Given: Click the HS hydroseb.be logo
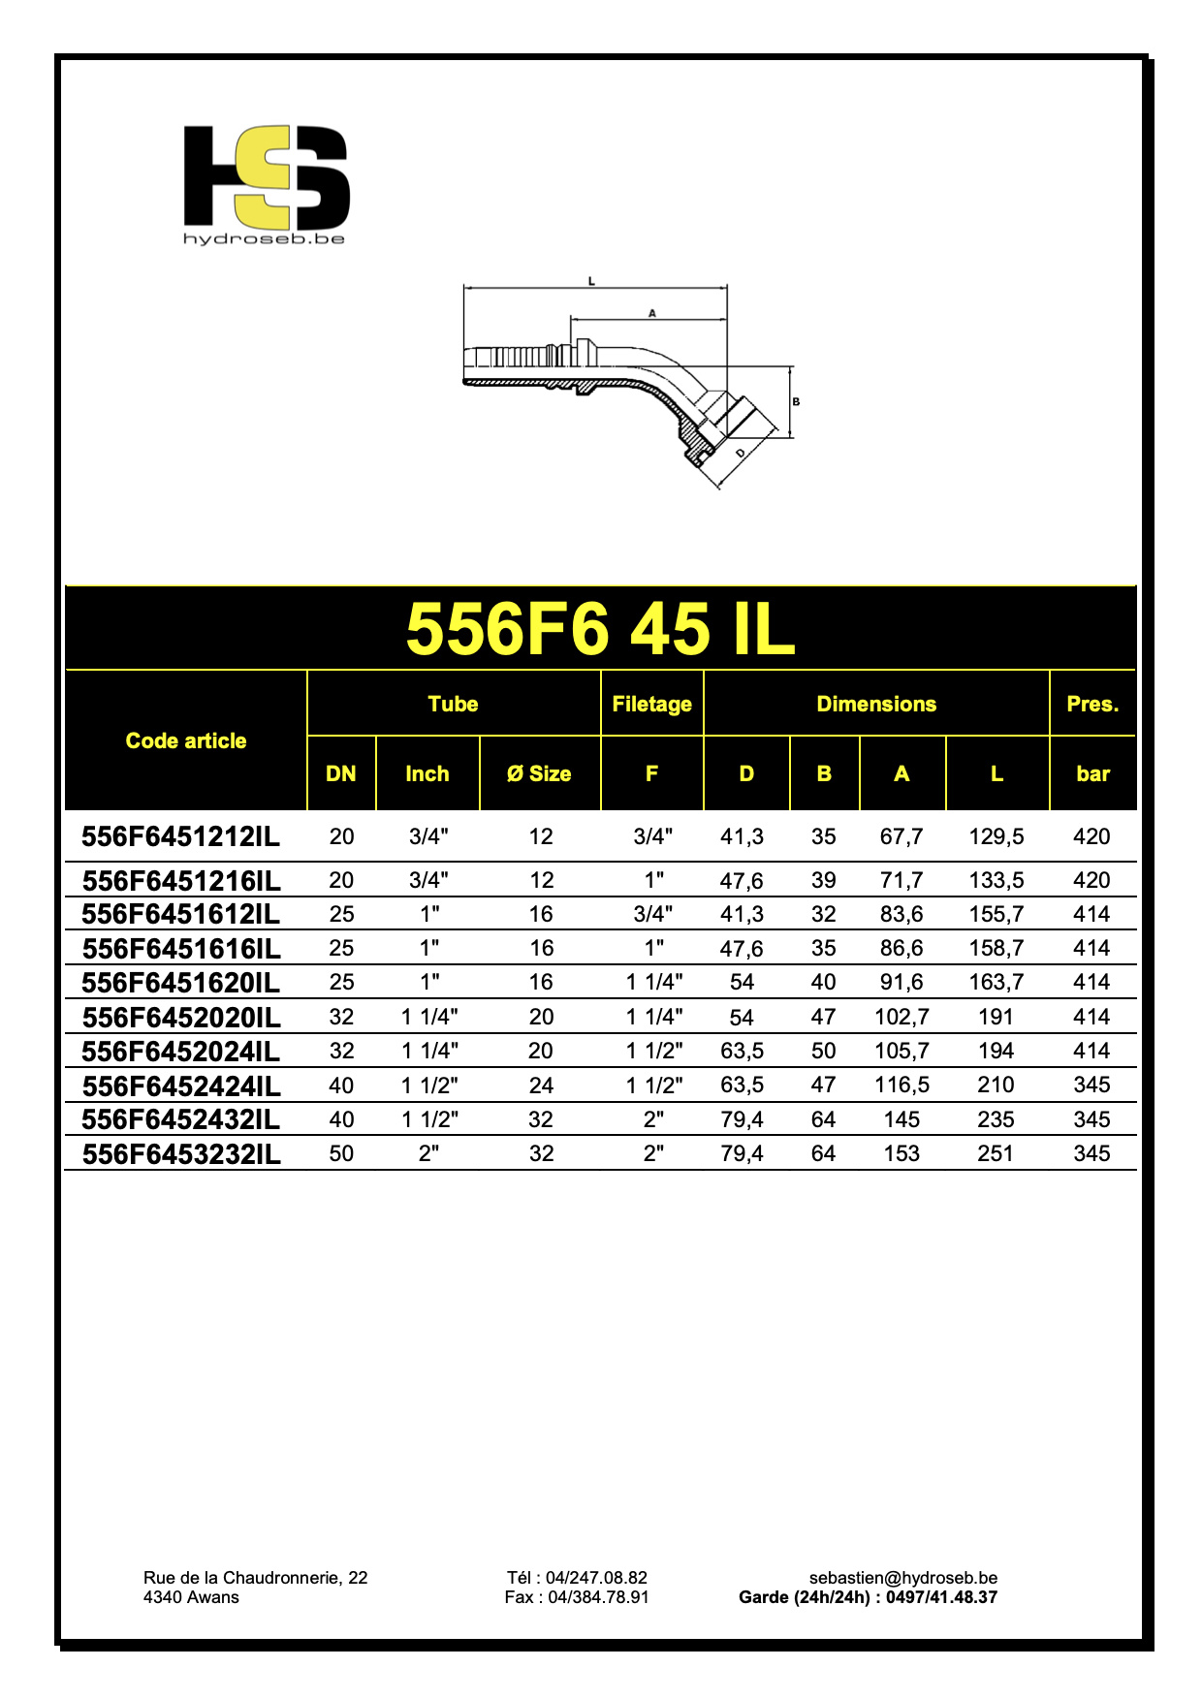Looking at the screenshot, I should [266, 184].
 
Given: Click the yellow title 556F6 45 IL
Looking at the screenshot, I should [600, 629].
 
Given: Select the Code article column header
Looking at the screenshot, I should [186, 740].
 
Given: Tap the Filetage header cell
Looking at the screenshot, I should [651, 704].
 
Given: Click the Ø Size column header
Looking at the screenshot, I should [539, 773].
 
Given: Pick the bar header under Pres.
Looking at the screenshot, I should [1092, 773].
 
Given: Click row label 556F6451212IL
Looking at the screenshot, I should [181, 836].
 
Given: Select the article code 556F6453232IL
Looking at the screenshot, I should [181, 1154].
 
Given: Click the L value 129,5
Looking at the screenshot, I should [996, 836].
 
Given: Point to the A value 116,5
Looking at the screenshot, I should [901, 1085].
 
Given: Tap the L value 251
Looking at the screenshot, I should [996, 1153].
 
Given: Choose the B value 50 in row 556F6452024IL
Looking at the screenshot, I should [823, 1051].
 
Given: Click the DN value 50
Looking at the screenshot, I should [341, 1153].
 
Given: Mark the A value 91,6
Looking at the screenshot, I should [901, 982].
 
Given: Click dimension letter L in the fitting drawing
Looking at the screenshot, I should [592, 281].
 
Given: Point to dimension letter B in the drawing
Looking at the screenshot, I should [796, 401].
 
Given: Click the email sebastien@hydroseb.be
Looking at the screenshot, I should [902, 1578].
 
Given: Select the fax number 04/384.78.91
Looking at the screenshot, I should [598, 1597].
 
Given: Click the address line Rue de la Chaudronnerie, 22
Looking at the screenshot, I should [255, 1578].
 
